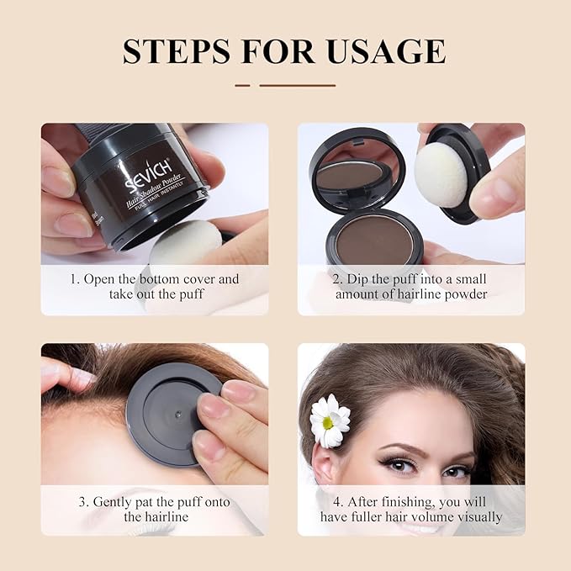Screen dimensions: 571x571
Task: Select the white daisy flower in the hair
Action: pyautogui.click(x=330, y=420)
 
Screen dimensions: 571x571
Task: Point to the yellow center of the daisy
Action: pyautogui.click(x=326, y=420)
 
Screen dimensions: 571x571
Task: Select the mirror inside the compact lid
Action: pyautogui.click(x=352, y=174)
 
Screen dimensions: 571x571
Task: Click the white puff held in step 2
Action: pyautogui.click(x=441, y=174)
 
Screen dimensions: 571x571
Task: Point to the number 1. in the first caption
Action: pyautogui.click(x=75, y=279)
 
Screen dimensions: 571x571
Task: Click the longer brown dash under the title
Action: pyautogui.click(x=297, y=85)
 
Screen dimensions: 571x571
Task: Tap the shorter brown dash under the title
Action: pyautogui.click(x=242, y=85)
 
